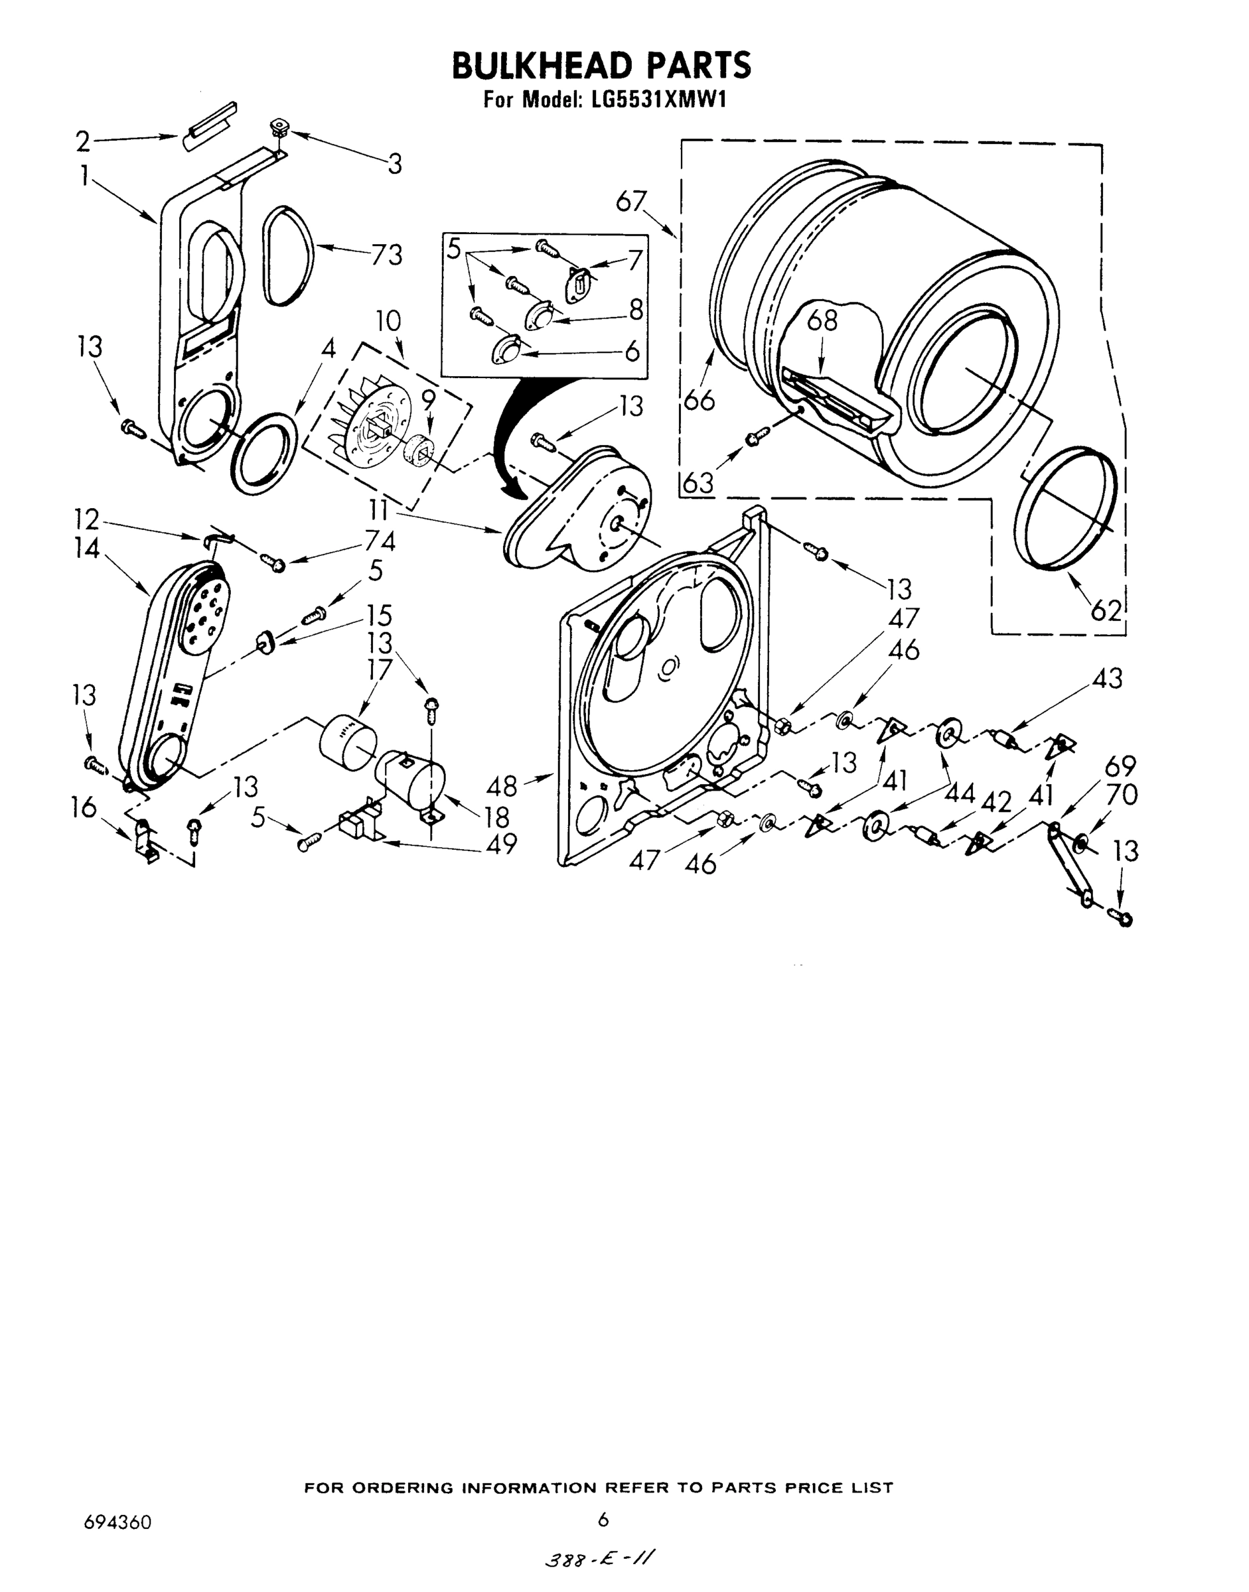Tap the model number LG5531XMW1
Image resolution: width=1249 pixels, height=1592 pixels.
653,99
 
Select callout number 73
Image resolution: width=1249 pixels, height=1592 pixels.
387,255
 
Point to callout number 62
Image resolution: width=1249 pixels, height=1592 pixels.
1106,609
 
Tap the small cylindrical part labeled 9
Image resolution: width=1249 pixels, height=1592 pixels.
419,451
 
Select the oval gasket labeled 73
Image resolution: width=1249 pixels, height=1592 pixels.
287,255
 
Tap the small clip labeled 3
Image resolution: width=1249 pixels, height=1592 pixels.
279,127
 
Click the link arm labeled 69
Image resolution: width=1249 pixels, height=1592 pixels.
1070,866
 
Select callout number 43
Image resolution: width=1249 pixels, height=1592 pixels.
1107,679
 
